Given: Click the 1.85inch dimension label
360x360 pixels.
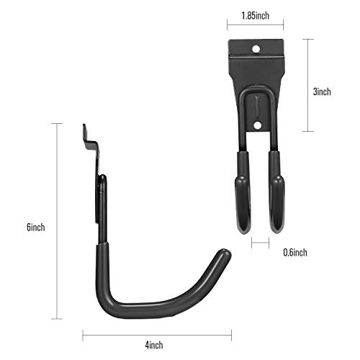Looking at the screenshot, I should point(255,15).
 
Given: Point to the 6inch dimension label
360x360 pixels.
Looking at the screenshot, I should point(35,227).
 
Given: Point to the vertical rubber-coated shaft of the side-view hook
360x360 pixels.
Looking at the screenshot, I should point(101,266).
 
